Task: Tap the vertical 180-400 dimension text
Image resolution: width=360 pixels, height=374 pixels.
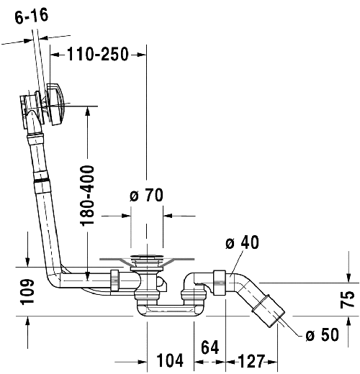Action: pyautogui.click(x=88, y=196)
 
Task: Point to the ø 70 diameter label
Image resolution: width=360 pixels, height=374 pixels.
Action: pyautogui.click(x=146, y=196)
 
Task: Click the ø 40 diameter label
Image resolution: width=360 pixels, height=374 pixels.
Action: pyautogui.click(x=241, y=243)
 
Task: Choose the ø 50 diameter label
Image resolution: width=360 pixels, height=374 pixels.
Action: pyautogui.click(x=320, y=334)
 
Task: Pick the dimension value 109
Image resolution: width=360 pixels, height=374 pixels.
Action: pyautogui.click(x=27, y=292)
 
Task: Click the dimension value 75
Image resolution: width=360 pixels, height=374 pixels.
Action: pyautogui.click(x=347, y=298)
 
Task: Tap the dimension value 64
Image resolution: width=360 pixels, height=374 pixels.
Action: pyautogui.click(x=210, y=347)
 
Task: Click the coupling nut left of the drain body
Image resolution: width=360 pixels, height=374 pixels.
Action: pyautogui.click(x=114, y=279)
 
